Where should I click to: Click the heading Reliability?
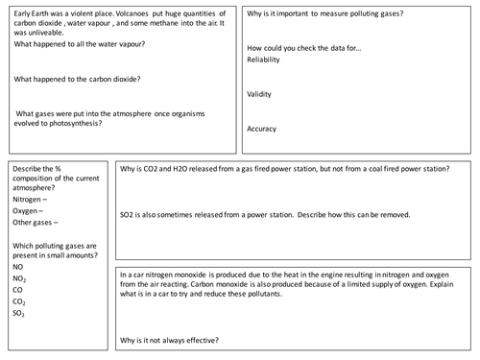pos(266,59)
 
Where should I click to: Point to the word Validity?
pos(261,94)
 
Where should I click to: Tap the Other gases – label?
pos(36,225)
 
